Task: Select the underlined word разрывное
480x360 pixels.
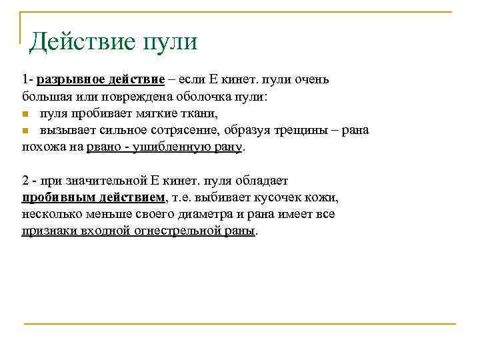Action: [x=67, y=81]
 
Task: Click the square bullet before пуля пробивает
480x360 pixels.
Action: [x=24, y=114]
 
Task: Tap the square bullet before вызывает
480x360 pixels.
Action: [x=24, y=130]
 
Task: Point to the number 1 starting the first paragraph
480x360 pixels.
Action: [x=23, y=81]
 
